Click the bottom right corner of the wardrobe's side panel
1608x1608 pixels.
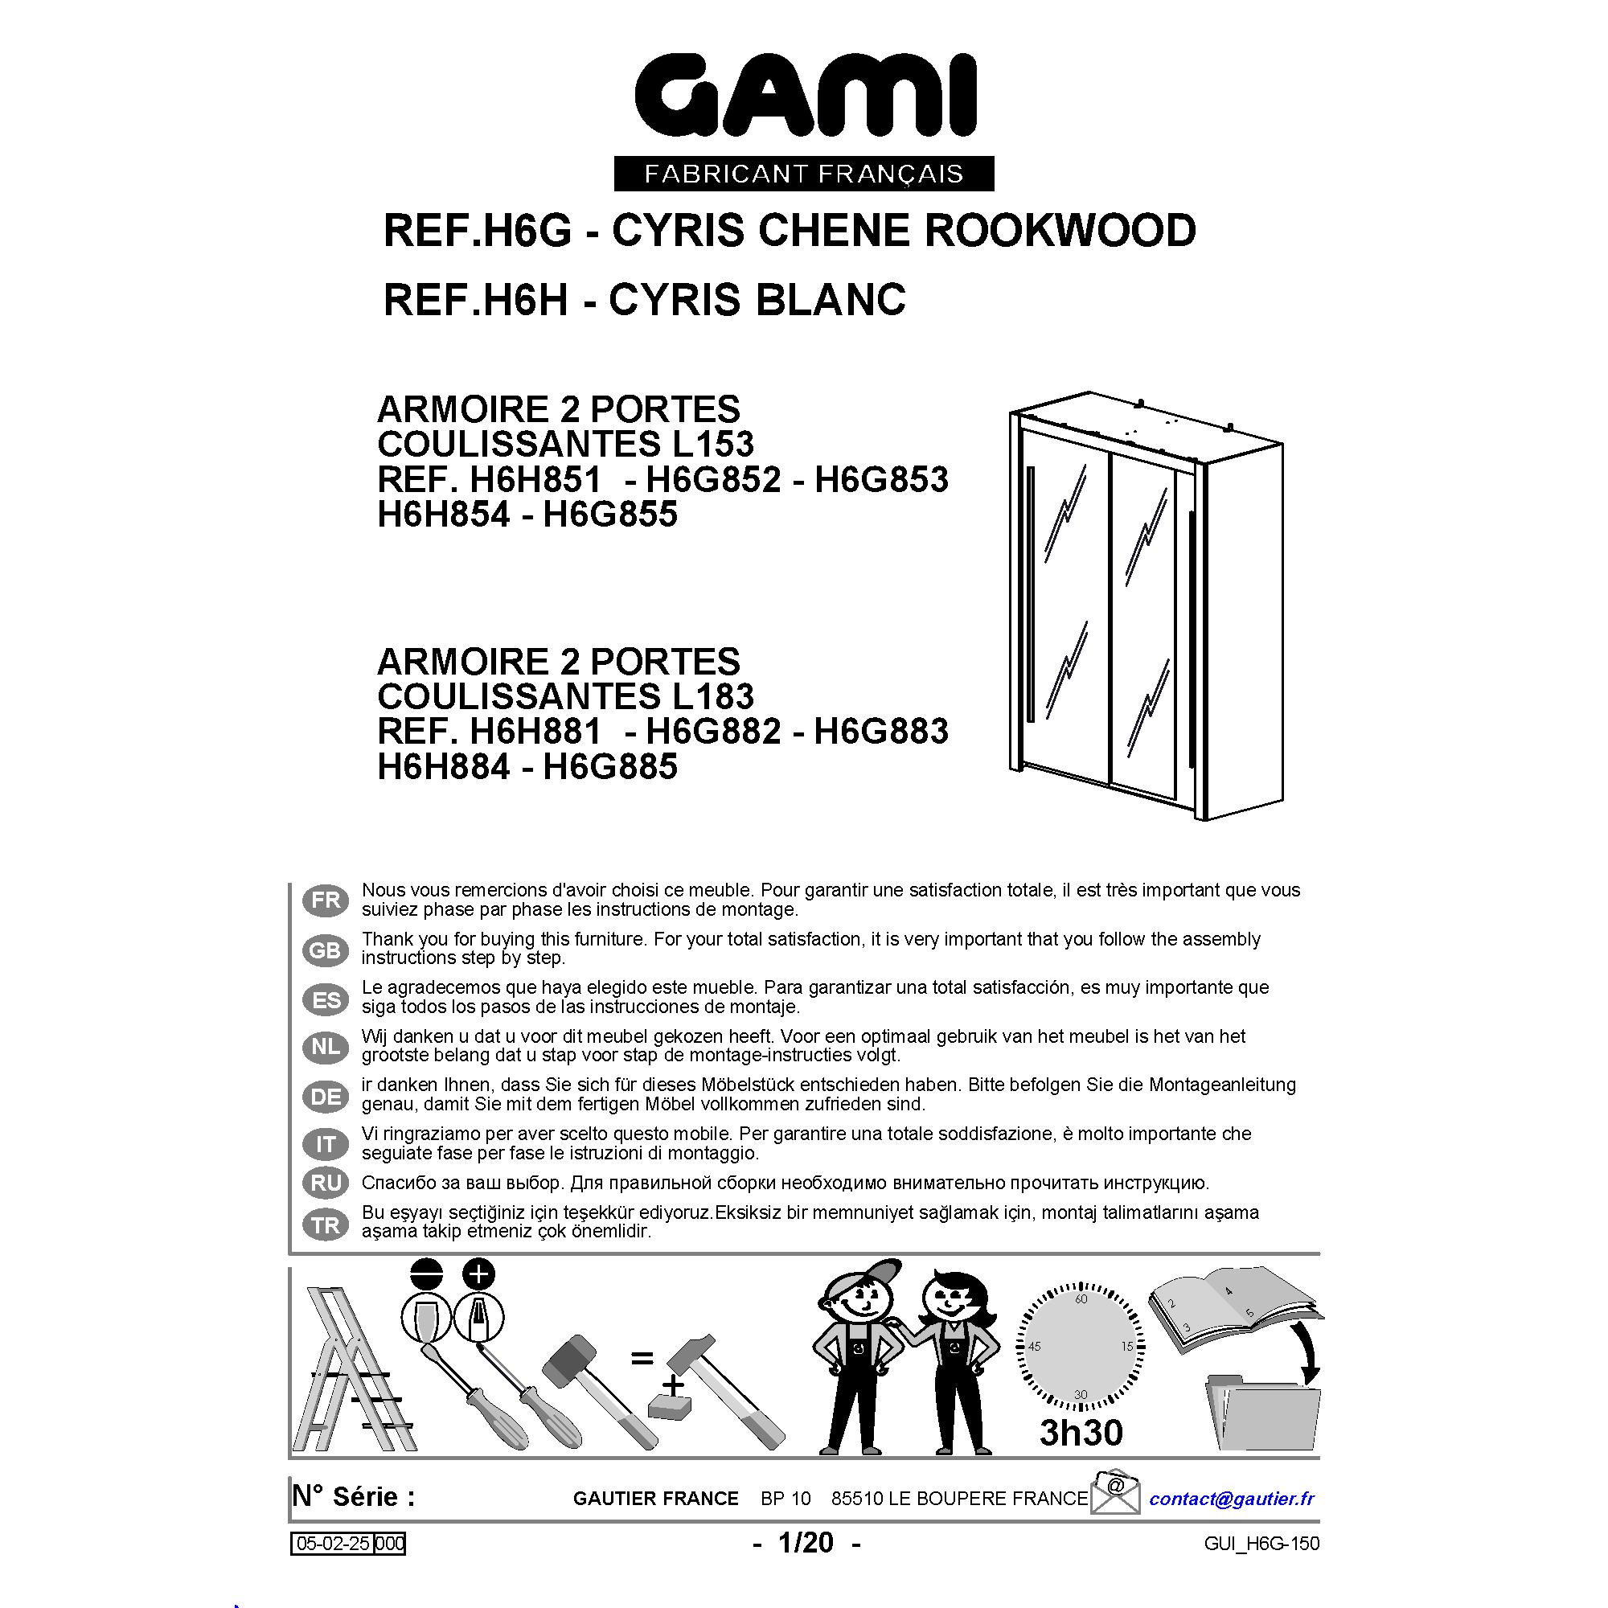pyautogui.click(x=1282, y=794)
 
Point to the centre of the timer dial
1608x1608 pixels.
pyautogui.click(x=1081, y=1347)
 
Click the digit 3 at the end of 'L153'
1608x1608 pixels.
pyautogui.click(x=741, y=445)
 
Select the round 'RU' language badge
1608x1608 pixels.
pyautogui.click(x=326, y=1183)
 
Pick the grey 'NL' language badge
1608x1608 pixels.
pyautogui.click(x=326, y=1048)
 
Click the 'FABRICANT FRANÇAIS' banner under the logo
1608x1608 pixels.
pyautogui.click(x=804, y=174)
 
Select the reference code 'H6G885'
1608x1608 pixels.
pyautogui.click(x=610, y=766)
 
